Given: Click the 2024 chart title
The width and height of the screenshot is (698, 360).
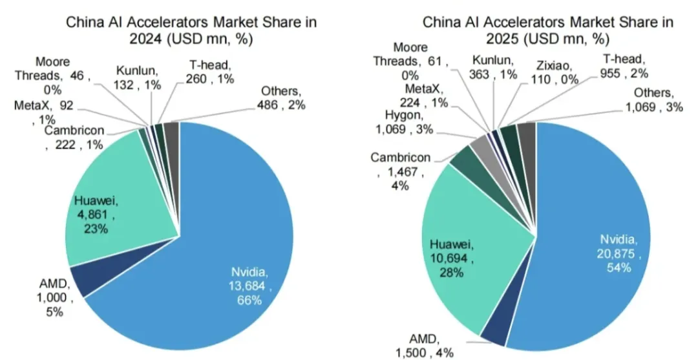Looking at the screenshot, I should [x=192, y=30].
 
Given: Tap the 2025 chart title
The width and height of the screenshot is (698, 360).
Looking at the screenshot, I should [x=548, y=30].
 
